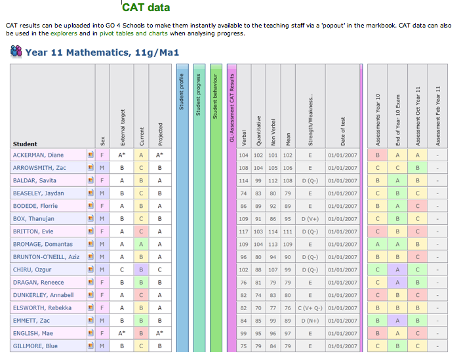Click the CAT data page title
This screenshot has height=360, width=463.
146,8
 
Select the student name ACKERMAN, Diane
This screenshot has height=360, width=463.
37,155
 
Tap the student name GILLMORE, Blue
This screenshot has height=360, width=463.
35,346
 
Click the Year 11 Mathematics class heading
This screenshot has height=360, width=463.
102,52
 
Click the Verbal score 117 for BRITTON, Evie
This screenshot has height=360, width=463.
244,231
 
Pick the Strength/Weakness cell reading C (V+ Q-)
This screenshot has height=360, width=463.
310,308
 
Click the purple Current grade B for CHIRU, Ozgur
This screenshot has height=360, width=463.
140,270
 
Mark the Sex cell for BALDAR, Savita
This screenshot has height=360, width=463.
102,180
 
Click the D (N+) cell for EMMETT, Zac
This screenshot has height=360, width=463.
310,321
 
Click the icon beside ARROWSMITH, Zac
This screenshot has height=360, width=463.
91,168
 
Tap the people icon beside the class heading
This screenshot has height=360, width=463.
16,51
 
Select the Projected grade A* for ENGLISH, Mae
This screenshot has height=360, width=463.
160,334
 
